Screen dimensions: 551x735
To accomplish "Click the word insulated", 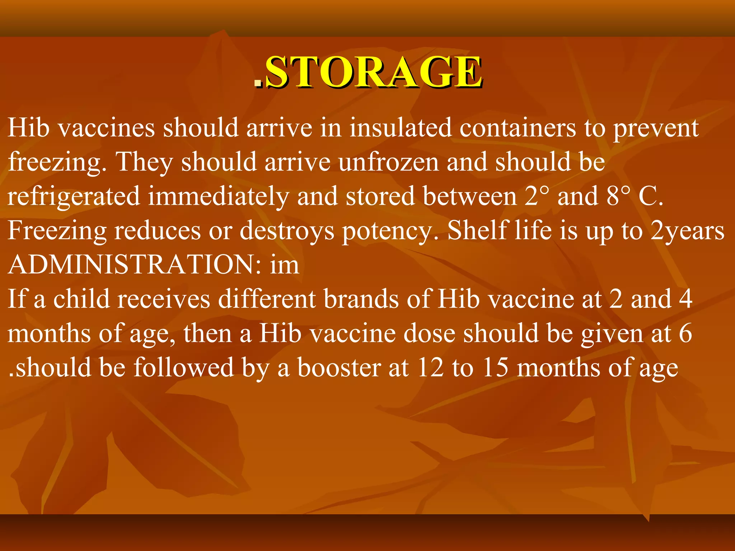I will coord(401,128).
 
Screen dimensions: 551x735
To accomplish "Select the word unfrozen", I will coord(389,162).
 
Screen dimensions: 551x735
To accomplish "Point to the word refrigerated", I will coord(74,197).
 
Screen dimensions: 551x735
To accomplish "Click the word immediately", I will coord(219,197).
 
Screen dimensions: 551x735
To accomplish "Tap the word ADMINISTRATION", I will coord(132,265).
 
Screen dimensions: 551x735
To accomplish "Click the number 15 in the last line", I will coord(495,368).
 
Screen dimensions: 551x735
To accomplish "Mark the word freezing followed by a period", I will coord(57,162).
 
